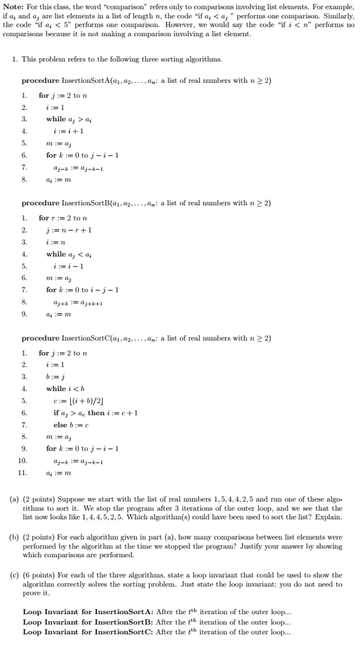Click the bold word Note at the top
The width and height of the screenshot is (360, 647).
coord(12,6)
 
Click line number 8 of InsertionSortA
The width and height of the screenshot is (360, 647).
coord(25,180)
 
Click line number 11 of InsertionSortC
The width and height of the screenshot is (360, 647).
coord(23,473)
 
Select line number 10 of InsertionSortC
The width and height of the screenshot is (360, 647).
coord(23,462)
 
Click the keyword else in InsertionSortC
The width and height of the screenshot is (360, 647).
coord(60,425)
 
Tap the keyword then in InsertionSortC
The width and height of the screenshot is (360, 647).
coord(96,413)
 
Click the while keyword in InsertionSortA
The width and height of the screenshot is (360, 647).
coord(56,119)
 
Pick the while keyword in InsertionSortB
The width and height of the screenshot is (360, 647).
coord(56,254)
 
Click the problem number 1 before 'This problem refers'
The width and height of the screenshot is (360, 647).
coord(14,59)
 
